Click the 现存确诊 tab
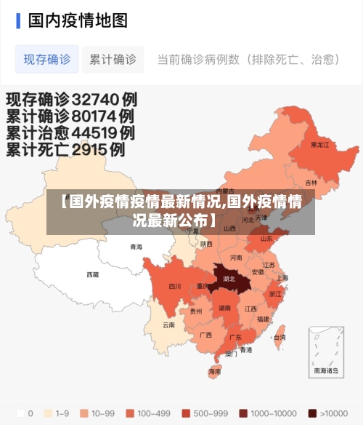[47, 59]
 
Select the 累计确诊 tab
[113, 59]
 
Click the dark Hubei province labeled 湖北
[229, 279]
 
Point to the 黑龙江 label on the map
[320, 145]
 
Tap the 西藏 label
[93, 274]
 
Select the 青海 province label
[136, 247]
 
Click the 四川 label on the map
[175, 286]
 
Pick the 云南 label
[168, 325]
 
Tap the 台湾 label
[279, 337]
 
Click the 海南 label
[214, 371]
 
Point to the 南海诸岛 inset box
[325, 351]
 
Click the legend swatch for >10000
[313, 413]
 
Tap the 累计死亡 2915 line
[66, 151]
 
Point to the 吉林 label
[311, 183]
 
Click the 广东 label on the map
[235, 338]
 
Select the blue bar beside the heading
[18, 20]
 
